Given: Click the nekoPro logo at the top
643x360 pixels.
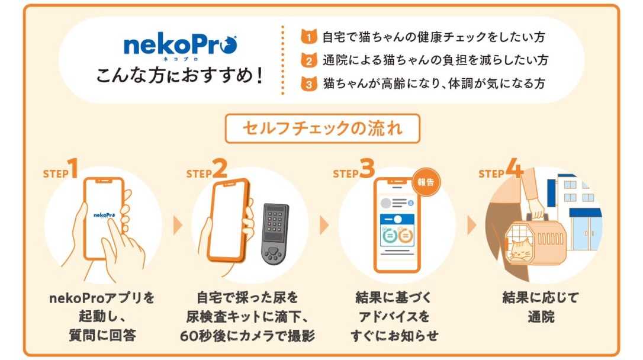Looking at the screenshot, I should [180, 46].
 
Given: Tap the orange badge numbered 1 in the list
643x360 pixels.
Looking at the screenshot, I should [308, 37].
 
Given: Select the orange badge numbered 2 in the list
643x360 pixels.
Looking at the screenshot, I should [308, 60].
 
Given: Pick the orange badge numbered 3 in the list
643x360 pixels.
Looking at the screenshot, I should [308, 83].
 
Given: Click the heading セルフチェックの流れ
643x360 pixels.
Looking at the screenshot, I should [322, 128].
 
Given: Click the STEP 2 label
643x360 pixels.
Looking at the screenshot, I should [207, 171].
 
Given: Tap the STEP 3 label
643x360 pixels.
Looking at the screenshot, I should [353, 171].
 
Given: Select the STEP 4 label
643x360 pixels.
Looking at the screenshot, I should [500, 171].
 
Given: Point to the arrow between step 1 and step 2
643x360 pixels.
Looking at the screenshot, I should [177, 225].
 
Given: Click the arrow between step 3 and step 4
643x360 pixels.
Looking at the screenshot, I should [471, 225].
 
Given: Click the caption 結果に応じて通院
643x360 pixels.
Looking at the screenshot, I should [541, 307].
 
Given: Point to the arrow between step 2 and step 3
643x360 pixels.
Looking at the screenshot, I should [324, 225].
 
